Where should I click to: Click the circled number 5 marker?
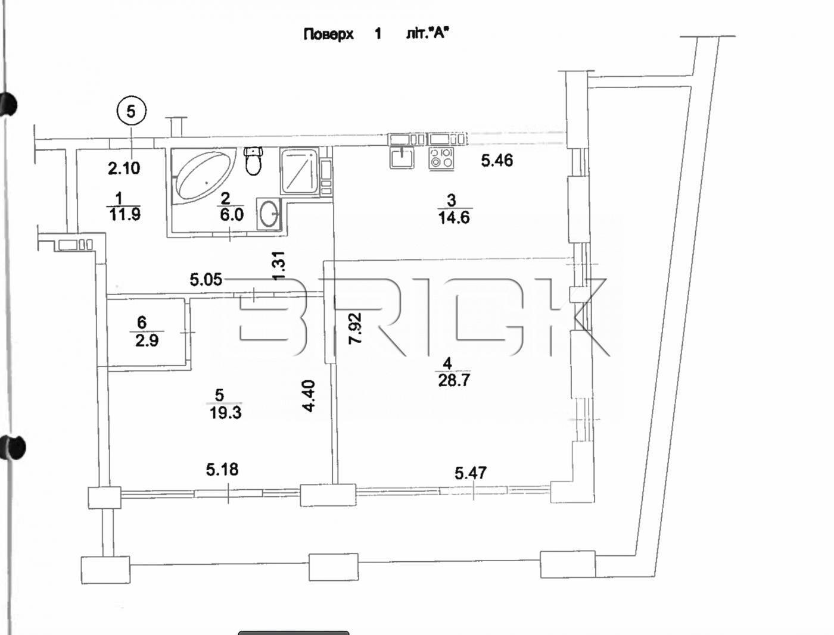(132, 111)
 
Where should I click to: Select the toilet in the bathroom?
(254, 161)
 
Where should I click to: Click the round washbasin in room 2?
(270, 212)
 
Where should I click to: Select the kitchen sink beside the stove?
(402, 157)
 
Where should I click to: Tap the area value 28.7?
(454, 380)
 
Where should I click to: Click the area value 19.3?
(225, 412)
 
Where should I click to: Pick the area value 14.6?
(453, 218)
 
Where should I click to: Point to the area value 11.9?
(125, 214)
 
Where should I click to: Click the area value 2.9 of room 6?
(147, 341)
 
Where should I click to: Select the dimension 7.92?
(356, 329)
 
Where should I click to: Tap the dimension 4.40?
(309, 396)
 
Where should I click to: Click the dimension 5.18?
(222, 470)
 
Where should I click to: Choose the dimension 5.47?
(471, 473)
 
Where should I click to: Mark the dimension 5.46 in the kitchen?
(497, 160)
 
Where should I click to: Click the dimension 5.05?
(206, 279)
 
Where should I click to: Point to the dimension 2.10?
(124, 168)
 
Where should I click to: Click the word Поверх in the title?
(328, 34)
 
